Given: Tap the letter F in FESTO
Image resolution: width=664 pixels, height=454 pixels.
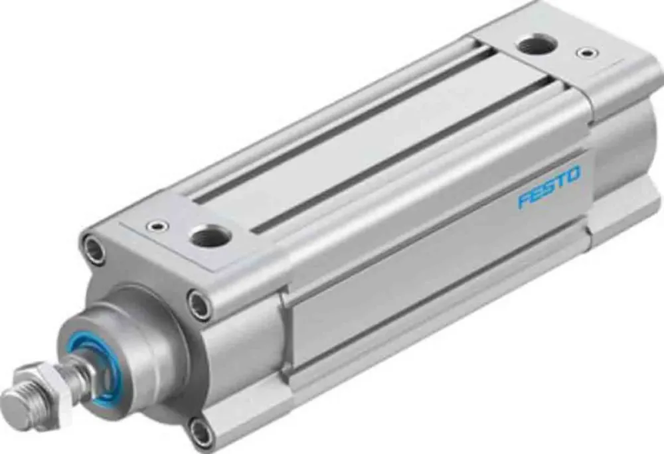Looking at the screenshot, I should point(523,200).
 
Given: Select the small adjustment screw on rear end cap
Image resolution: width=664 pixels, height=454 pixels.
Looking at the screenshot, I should point(585,52).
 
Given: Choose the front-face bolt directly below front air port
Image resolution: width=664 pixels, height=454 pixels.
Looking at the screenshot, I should point(199,305).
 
